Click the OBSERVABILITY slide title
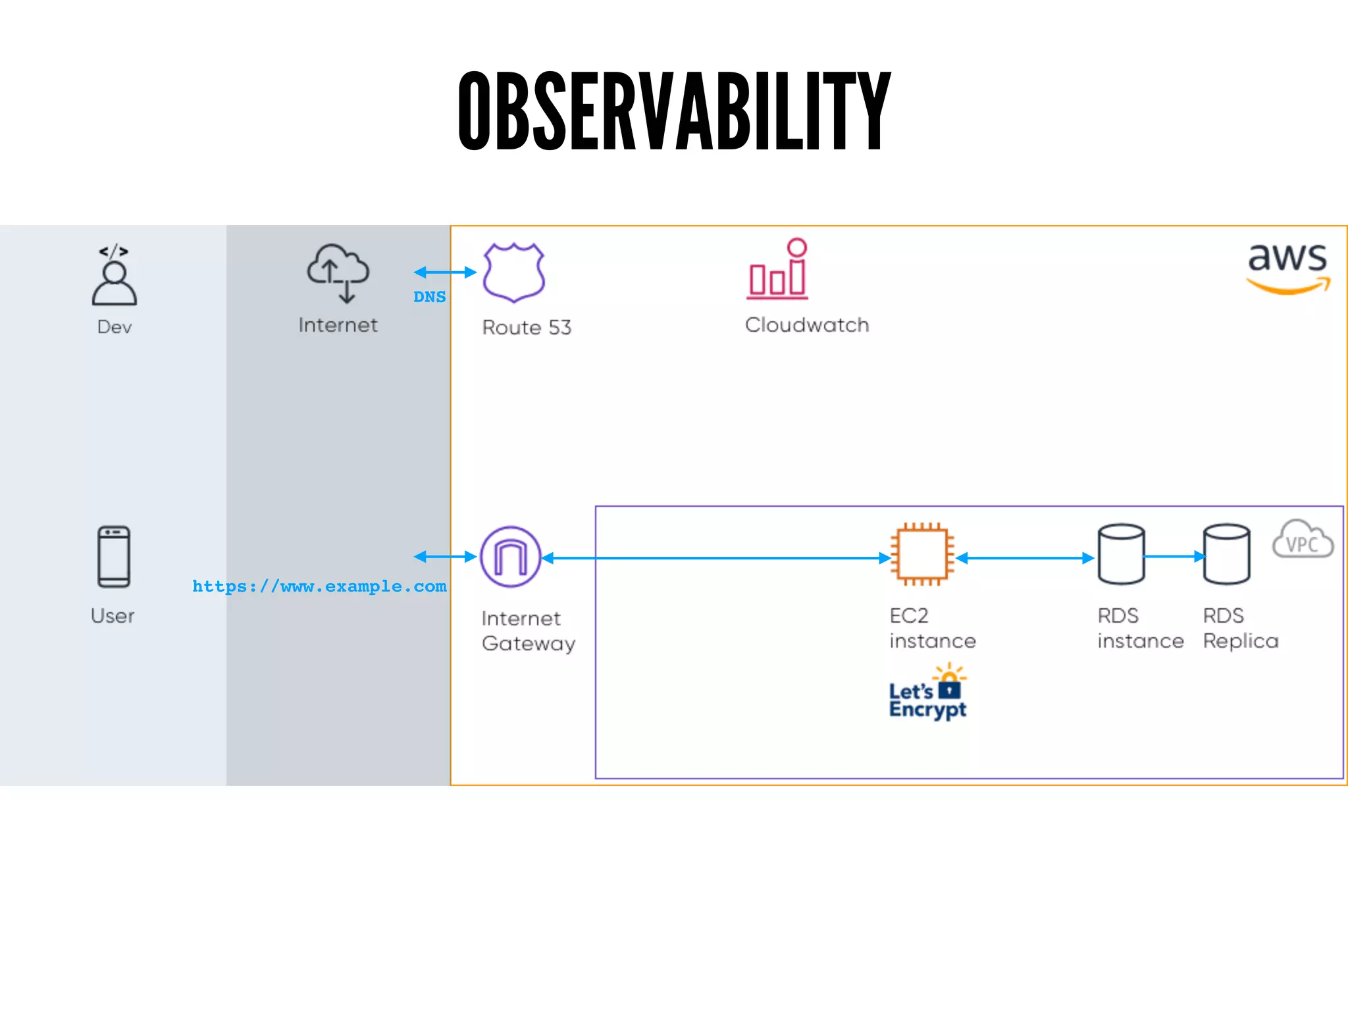(674, 111)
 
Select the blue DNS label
(429, 297)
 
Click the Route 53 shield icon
(513, 272)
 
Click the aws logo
(1287, 267)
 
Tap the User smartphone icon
(114, 557)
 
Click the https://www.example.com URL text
(319, 586)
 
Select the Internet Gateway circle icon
(511, 557)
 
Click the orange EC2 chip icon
(922, 554)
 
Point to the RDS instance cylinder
(1121, 554)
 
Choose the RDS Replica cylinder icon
(1226, 554)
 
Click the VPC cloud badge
(1302, 540)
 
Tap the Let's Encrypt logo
(927, 692)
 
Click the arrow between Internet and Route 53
(445, 272)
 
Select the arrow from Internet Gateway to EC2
(716, 558)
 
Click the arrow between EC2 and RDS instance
(1025, 558)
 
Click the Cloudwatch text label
(807, 325)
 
